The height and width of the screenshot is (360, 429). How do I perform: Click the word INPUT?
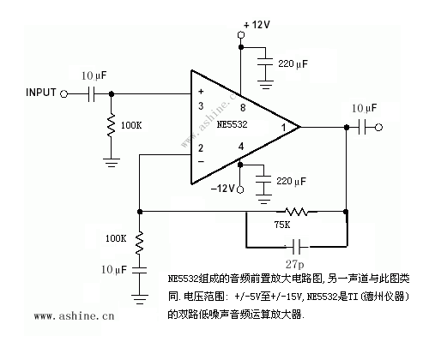40,92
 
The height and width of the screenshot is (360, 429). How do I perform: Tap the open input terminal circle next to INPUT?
64,93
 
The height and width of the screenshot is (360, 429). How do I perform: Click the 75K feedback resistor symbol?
299,211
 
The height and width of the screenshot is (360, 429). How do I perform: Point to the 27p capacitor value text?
296,256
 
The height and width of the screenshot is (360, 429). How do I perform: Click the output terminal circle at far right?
378,127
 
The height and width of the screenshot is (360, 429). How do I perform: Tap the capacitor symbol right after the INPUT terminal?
92,93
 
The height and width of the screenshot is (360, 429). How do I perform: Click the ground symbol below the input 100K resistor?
111,159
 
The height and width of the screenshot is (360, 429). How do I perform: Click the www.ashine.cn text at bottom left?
74,315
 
